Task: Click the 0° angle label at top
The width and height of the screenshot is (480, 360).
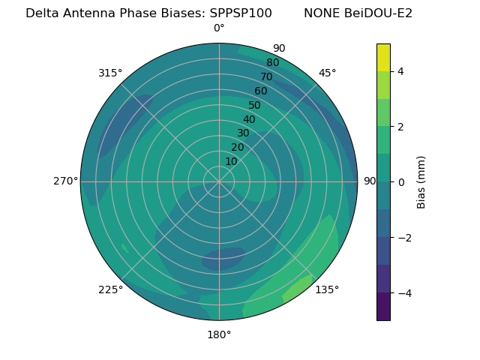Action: (x=219, y=28)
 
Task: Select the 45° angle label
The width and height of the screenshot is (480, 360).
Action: (x=327, y=73)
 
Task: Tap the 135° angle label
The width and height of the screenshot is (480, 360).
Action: (x=327, y=289)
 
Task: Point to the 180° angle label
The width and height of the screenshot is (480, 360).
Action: (x=219, y=334)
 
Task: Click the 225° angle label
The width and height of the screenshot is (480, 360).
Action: (x=110, y=290)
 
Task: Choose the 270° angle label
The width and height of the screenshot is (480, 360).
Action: (x=66, y=181)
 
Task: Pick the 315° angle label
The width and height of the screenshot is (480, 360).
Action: (x=110, y=73)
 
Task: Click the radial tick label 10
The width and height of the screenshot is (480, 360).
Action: (x=231, y=161)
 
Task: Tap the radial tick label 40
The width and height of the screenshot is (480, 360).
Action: (x=249, y=120)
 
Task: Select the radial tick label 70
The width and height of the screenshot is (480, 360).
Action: (x=267, y=77)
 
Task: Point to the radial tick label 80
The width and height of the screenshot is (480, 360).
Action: (x=273, y=63)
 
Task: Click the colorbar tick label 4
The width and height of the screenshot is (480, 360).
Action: (x=400, y=71)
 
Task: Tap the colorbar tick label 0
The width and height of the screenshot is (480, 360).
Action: (x=400, y=182)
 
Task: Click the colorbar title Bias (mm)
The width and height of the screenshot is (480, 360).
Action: (x=421, y=182)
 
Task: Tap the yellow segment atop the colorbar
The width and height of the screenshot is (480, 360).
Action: (x=383, y=57)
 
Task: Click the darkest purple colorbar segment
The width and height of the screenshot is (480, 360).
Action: (x=383, y=307)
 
